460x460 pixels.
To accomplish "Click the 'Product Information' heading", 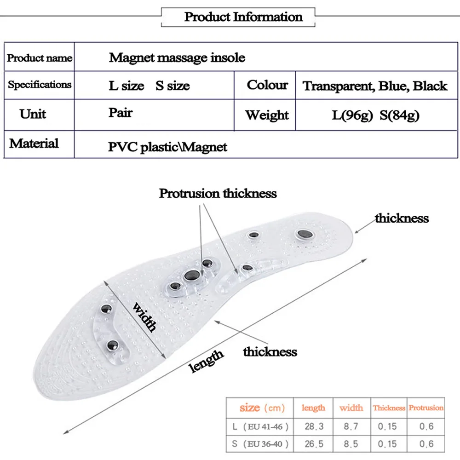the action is click(243, 17).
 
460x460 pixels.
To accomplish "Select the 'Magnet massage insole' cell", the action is click(177, 57).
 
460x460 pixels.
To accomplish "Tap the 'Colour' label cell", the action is click(267, 85).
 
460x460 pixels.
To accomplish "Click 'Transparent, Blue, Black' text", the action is click(375, 86).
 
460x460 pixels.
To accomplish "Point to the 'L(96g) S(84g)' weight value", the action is click(376, 115).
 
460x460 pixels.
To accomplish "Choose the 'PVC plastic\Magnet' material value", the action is click(168, 147).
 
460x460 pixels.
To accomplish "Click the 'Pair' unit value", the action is click(121, 113).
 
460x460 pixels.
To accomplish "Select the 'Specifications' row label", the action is click(40, 85).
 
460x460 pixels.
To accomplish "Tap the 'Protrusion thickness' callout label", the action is click(218, 193).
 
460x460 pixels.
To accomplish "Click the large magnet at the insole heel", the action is click(304, 235).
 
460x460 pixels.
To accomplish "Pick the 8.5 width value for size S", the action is click(351, 445).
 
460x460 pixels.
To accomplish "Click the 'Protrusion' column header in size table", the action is click(426, 408).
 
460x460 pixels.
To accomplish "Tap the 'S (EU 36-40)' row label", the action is click(260, 445).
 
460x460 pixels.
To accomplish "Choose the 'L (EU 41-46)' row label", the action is click(260, 426).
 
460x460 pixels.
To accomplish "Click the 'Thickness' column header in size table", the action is click(389, 408).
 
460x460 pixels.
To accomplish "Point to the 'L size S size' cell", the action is click(149, 86).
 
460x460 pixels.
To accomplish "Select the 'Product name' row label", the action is click(40, 58).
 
